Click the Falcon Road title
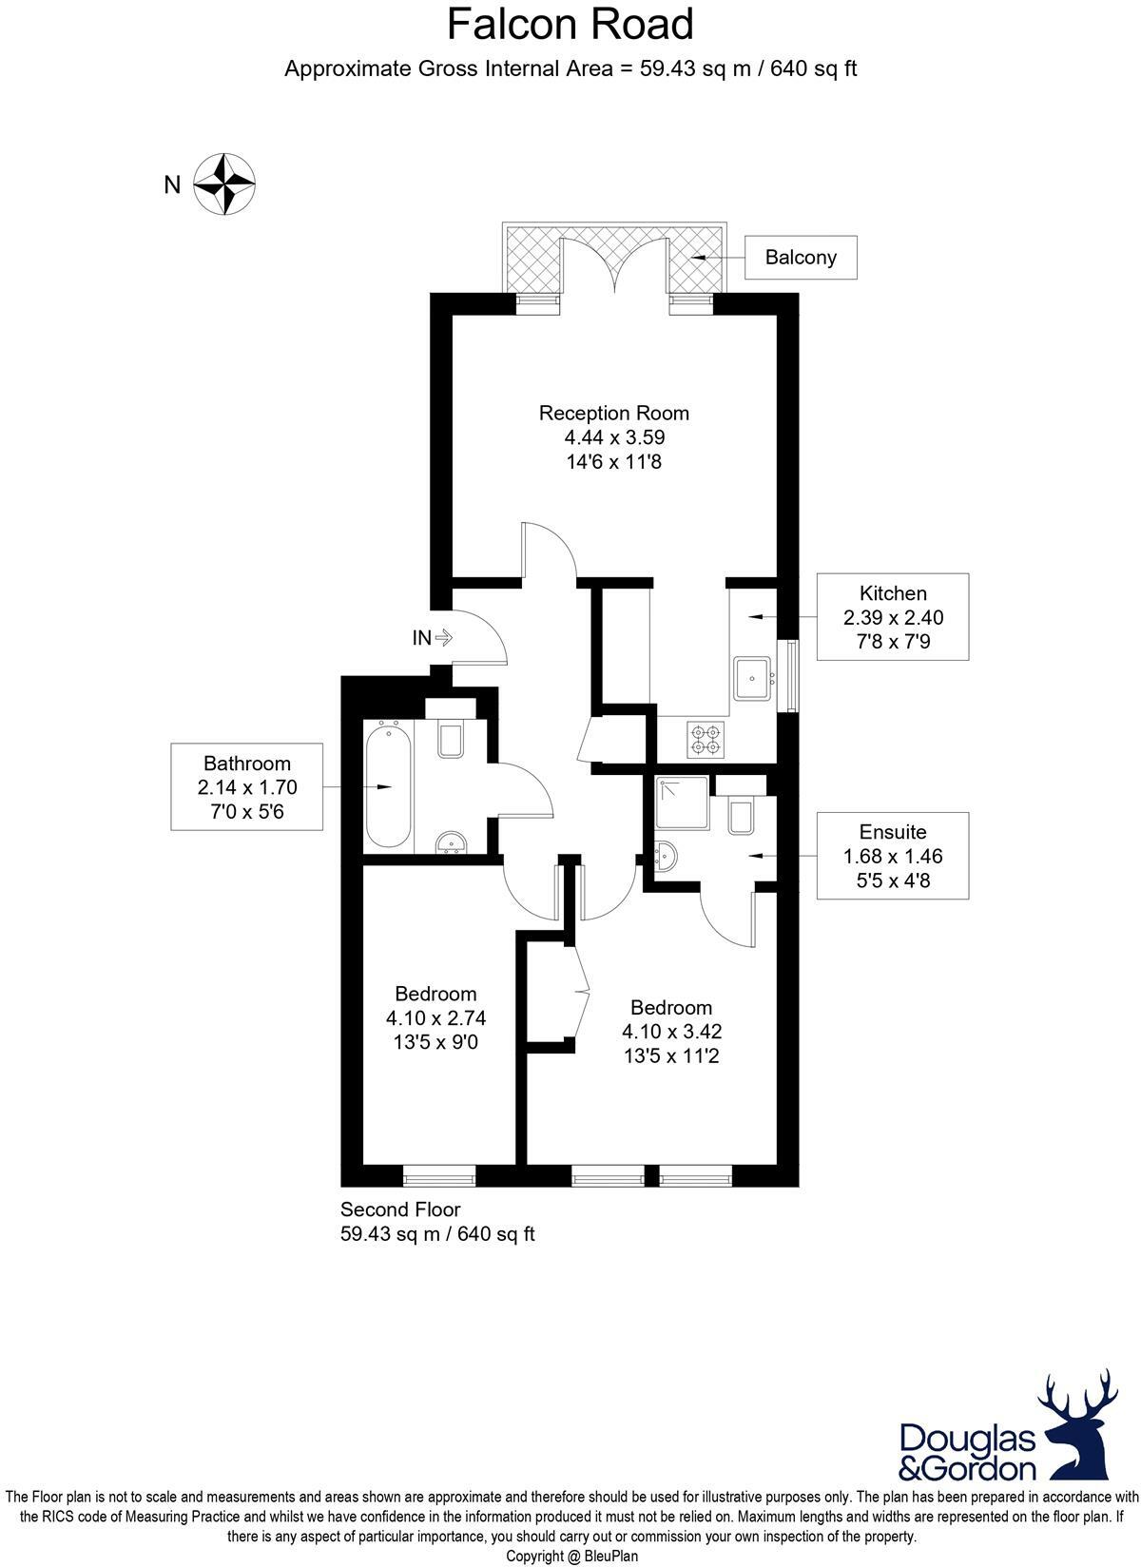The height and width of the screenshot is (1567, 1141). (570, 26)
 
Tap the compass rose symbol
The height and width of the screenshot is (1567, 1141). (224, 183)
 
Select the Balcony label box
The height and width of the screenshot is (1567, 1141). (800, 257)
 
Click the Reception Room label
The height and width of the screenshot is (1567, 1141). (613, 414)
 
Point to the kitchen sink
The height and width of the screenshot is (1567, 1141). (751, 678)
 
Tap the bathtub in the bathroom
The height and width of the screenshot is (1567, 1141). (388, 785)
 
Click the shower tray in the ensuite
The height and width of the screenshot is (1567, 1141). (681, 804)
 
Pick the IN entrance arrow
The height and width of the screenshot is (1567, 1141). (443, 638)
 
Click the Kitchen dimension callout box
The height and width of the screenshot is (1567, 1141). (893, 617)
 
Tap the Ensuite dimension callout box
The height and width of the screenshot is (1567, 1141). (893, 856)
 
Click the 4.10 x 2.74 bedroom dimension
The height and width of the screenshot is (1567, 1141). (435, 1018)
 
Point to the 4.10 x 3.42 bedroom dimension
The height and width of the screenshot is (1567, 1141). (671, 1031)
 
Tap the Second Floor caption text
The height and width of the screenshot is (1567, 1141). (400, 1209)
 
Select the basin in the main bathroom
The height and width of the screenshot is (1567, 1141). (451, 842)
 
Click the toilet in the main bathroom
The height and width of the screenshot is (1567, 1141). (451, 739)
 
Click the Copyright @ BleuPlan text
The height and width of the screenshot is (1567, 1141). (571, 1557)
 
